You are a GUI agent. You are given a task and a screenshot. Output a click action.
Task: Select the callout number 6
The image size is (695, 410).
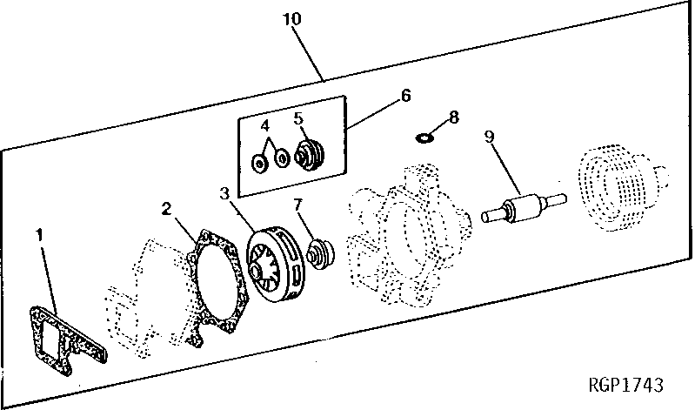pyautogui.click(x=406, y=96)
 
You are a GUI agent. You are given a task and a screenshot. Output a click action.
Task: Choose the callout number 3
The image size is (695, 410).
pyautogui.click(x=224, y=192)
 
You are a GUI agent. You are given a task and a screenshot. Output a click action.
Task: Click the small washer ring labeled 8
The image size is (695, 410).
pyautogui.click(x=426, y=137)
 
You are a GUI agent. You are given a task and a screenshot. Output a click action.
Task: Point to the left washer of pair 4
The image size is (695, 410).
pyautogui.click(x=258, y=162)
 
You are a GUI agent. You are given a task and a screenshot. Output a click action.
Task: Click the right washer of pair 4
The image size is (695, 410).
pyautogui.click(x=282, y=159)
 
